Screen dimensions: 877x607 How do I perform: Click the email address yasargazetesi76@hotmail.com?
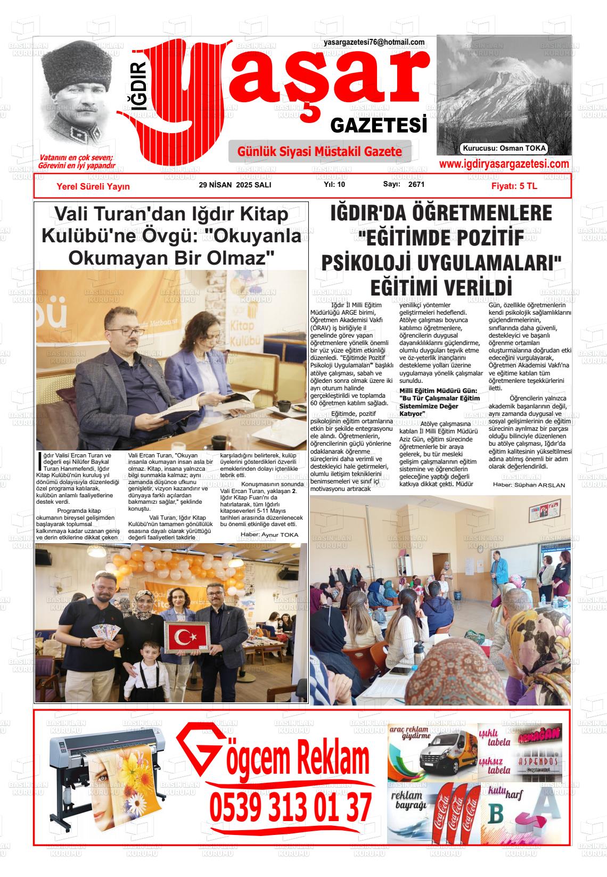[374, 43]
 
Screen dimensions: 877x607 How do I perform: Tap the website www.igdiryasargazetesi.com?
[504, 165]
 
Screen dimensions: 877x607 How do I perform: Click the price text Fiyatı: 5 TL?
[514, 186]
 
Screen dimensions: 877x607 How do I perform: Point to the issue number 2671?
[416, 185]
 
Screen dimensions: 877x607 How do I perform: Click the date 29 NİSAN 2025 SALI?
[235, 185]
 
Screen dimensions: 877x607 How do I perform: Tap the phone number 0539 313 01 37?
[290, 807]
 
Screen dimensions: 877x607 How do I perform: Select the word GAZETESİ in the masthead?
[379, 126]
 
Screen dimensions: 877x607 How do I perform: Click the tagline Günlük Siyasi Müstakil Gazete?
[319, 152]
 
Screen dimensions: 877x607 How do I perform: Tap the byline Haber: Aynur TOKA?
[269, 535]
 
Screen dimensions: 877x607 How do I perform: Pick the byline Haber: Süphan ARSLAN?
[529, 485]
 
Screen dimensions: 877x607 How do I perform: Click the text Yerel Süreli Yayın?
[93, 186]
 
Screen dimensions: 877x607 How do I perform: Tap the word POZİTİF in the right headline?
[483, 238]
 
